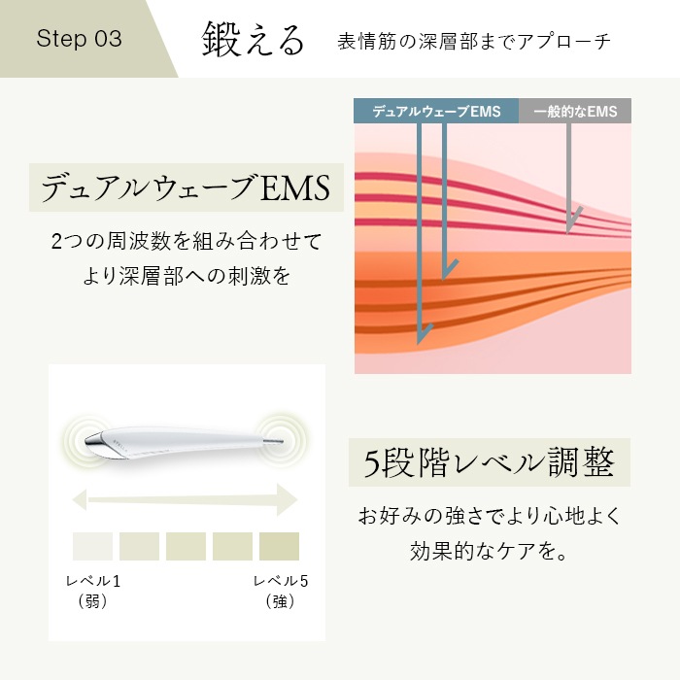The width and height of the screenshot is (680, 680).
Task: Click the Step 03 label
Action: pyautogui.click(x=79, y=39)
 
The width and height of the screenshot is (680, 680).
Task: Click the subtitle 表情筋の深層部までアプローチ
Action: pyautogui.click(x=474, y=42)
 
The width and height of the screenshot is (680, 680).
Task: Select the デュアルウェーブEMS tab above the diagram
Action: pyautogui.click(x=436, y=111)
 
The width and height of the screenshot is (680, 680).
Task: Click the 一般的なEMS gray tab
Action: pyautogui.click(x=575, y=111)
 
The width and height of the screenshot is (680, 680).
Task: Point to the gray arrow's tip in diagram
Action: pyautogui.click(x=569, y=231)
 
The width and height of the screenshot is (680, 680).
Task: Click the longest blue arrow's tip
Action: pyautogui.click(x=421, y=340)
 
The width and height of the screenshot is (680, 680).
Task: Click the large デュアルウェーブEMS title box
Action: pyautogui.click(x=186, y=186)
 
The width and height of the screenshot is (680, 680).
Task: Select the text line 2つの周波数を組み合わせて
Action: pyautogui.click(x=186, y=239)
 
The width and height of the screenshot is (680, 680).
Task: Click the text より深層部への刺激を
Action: pyautogui.click(x=186, y=275)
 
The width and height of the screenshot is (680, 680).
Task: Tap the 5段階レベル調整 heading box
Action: pyautogui.click(x=489, y=463)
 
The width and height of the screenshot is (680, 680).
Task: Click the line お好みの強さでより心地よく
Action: pyautogui.click(x=489, y=514)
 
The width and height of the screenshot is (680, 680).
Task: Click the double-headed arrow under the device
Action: pyautogui.click(x=185, y=500)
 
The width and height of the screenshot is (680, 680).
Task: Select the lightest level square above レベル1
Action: pyautogui.click(x=92, y=546)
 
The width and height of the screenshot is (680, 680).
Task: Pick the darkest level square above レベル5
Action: pyautogui.click(x=279, y=546)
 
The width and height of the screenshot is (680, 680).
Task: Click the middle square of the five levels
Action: pyautogui.click(x=186, y=546)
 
